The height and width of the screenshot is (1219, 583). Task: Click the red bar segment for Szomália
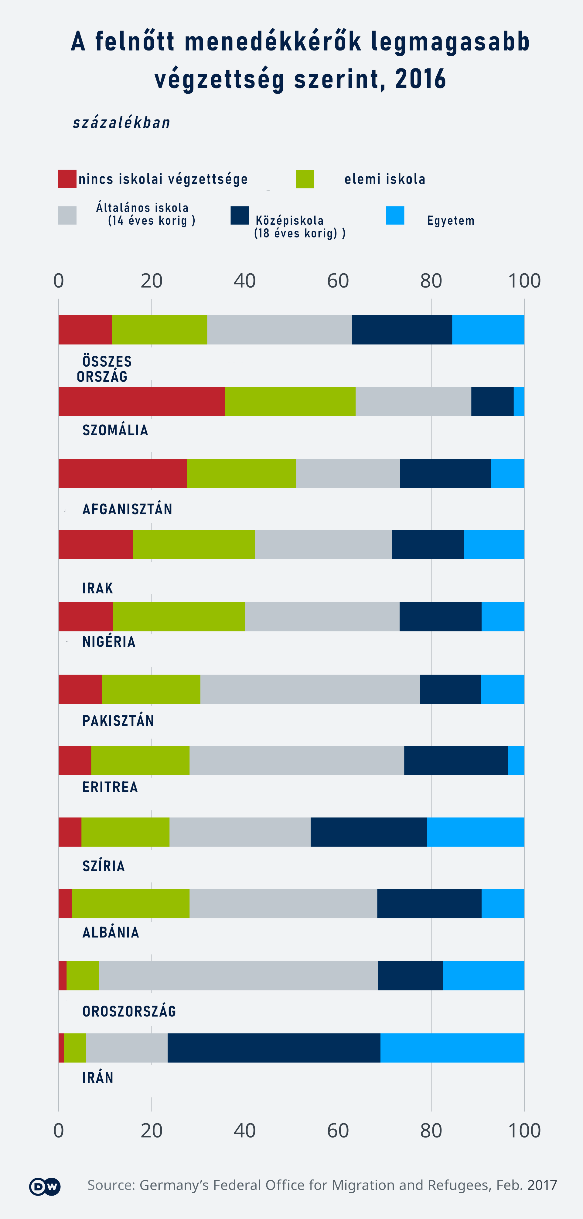click(x=142, y=401)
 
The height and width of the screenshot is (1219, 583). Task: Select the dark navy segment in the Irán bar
click(x=274, y=1048)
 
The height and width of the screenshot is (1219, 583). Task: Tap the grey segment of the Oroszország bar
click(x=238, y=976)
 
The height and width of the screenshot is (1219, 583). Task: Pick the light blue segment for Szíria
click(x=475, y=832)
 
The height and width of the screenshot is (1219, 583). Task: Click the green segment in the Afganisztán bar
click(x=241, y=473)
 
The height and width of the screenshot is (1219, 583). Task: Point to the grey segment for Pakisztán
click(x=310, y=689)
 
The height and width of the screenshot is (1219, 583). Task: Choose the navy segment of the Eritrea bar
click(x=456, y=761)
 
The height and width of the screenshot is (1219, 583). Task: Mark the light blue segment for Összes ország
click(x=488, y=330)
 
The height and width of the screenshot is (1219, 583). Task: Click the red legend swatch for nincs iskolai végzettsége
click(x=67, y=179)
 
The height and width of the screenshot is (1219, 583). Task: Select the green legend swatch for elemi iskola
click(x=305, y=179)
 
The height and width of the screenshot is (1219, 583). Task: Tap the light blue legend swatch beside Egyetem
click(x=395, y=215)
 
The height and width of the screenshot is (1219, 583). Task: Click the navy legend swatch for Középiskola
click(x=240, y=215)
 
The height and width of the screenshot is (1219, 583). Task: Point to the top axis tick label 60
click(x=338, y=281)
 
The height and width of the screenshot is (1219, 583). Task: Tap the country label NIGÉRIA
click(x=109, y=642)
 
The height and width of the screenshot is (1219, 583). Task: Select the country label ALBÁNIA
click(x=111, y=932)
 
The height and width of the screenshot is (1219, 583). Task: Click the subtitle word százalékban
click(x=121, y=123)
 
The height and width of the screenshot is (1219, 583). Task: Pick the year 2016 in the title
click(x=420, y=79)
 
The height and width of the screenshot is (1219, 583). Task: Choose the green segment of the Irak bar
click(x=193, y=545)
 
